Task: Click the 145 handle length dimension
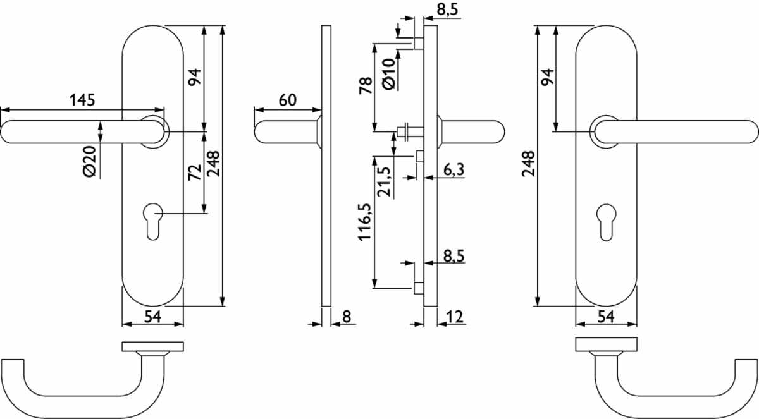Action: [x=82, y=100]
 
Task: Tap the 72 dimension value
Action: [x=195, y=173]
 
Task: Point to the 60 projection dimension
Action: [x=288, y=100]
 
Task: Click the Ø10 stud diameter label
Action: [x=388, y=74]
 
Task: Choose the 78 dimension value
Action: [x=366, y=85]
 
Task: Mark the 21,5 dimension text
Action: [x=385, y=182]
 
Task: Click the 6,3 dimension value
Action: [x=454, y=169]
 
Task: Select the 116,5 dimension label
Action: [x=366, y=222]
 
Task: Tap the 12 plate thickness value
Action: [x=455, y=317]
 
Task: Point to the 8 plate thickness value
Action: [x=347, y=317]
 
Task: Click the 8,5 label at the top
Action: [x=447, y=9]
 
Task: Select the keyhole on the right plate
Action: [x=606, y=222]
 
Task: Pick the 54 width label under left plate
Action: [x=153, y=317]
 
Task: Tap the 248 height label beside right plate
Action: [x=528, y=164]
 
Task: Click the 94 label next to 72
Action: [x=195, y=77]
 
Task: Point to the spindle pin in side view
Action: [x=410, y=131]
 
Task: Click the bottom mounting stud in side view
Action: [x=419, y=288]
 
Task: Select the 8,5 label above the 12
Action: [x=454, y=256]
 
